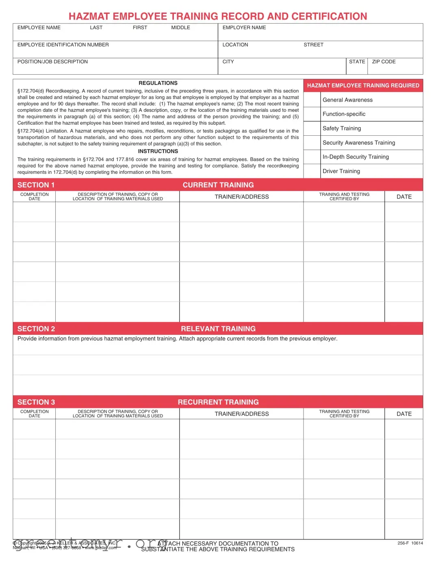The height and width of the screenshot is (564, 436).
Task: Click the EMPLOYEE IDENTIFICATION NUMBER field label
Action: (63, 45)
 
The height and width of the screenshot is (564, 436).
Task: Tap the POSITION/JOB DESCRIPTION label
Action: (52, 62)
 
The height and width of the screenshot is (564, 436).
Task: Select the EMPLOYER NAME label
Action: (244, 28)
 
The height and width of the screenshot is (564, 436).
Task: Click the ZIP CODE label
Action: (384, 62)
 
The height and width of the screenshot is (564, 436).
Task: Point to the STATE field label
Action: (357, 62)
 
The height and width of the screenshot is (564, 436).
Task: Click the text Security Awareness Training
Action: (358, 143)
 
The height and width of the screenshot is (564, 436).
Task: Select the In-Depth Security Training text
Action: (356, 157)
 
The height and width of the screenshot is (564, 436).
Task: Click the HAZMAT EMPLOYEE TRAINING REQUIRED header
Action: (363, 86)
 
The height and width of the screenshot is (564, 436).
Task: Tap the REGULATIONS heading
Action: (158, 83)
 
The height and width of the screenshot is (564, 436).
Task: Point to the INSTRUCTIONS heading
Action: (158, 151)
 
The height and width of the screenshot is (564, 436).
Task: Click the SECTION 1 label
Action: (36, 185)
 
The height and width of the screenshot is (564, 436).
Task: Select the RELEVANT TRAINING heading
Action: (218, 329)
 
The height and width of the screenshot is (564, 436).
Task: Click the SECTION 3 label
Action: (36, 402)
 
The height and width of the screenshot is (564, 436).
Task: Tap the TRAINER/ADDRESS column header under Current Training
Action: (242, 197)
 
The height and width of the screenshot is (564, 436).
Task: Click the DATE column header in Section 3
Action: (404, 414)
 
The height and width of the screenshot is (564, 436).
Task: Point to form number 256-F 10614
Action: (410, 543)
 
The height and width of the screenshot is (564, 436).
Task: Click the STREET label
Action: (313, 45)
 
